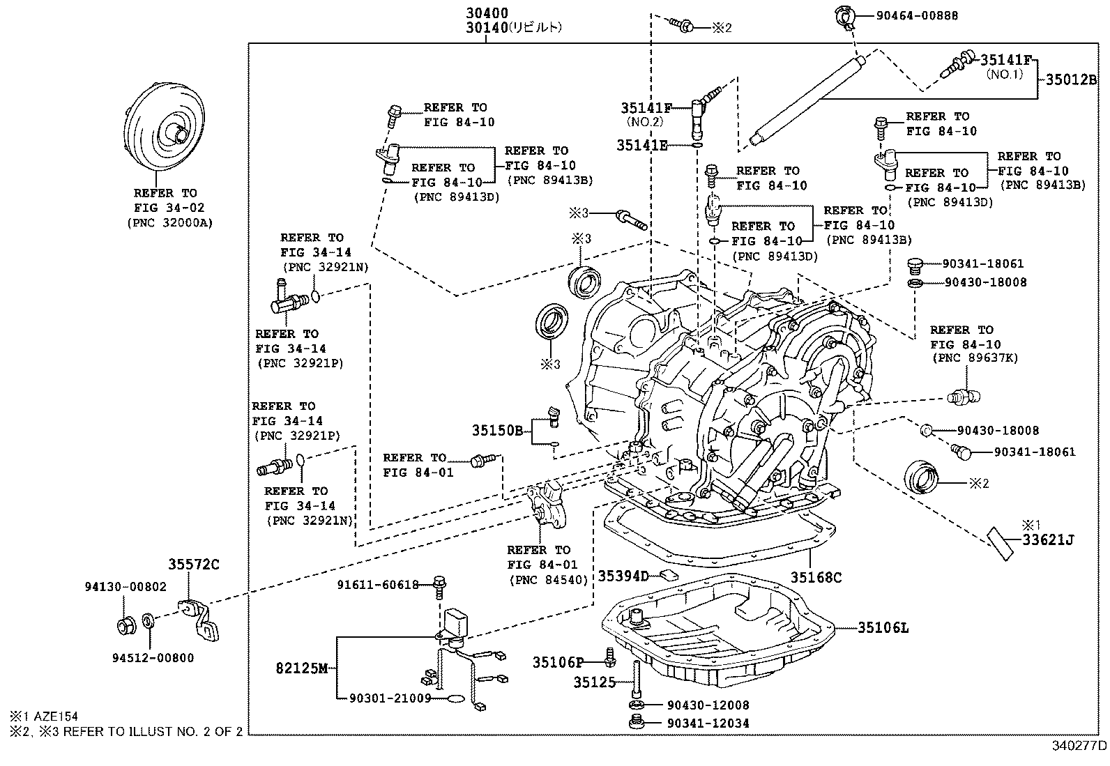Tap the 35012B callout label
[x=1070, y=79]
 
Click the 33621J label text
[x=1049, y=539]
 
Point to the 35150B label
[x=497, y=430]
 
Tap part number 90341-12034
[x=708, y=723]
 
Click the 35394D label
[x=623, y=576]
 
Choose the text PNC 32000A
[x=169, y=223]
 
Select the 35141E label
[x=641, y=145]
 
